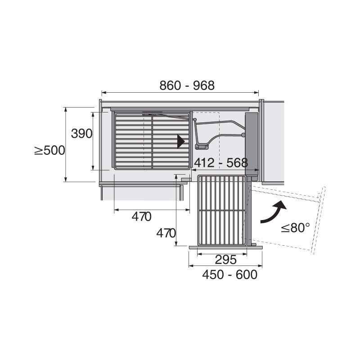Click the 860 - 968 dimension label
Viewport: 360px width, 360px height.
click(187, 85)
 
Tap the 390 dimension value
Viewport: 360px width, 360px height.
click(81, 133)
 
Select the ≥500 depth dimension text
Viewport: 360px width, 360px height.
click(49, 151)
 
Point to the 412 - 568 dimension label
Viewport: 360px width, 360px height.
click(221, 163)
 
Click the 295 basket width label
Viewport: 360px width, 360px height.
click(226, 260)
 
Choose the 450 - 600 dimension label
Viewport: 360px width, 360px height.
click(229, 274)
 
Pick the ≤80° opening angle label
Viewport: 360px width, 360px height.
click(296, 228)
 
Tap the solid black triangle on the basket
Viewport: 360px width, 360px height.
click(181, 141)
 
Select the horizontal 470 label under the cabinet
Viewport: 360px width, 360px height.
click(141, 216)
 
